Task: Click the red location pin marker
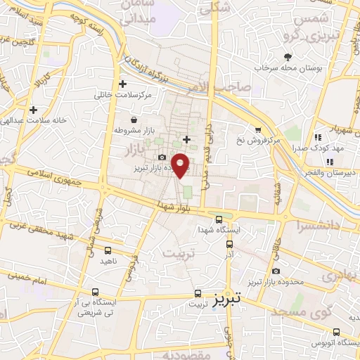point(181,165)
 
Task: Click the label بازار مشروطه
point(133,131)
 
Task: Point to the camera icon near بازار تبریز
point(162,157)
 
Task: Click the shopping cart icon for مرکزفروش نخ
point(258,129)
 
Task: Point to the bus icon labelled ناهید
point(108,250)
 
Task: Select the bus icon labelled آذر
point(230,245)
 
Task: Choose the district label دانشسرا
point(321,225)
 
